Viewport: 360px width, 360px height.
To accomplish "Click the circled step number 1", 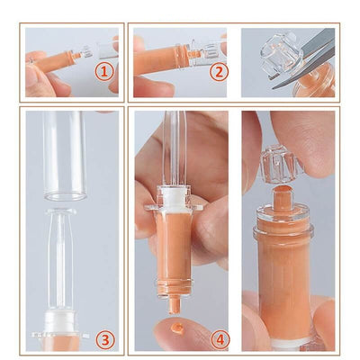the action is coord(104,72).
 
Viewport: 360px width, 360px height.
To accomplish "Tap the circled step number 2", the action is coord(219,72).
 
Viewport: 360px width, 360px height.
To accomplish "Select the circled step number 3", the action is coord(105,340).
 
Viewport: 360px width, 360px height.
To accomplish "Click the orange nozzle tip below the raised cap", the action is coord(283,196).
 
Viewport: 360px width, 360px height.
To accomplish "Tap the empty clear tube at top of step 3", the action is coord(65,156).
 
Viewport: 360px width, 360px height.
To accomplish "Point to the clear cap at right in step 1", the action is coord(108,49).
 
